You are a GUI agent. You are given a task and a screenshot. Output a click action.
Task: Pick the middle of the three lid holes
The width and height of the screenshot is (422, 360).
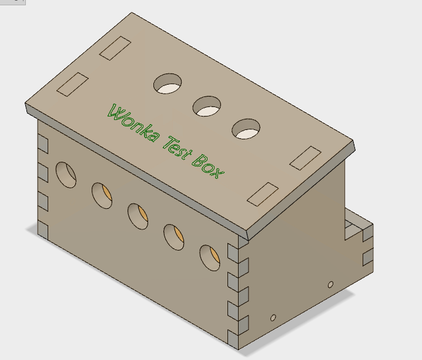pos(207,106)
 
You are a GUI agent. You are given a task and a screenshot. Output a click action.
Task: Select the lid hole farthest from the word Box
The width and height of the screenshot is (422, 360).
pos(168,84)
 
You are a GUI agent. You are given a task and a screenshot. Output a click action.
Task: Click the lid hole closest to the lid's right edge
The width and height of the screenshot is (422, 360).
pos(246,129)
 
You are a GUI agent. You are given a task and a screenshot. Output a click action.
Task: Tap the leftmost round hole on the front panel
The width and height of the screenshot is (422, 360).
pos(66,174)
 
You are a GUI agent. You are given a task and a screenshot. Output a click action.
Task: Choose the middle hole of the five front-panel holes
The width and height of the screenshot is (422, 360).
pos(138,216)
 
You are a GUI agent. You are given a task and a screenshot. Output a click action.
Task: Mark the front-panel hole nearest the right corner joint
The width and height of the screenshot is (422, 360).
pos(209,258)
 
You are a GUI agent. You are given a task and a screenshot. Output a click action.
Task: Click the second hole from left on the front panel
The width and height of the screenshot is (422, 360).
pos(102,195)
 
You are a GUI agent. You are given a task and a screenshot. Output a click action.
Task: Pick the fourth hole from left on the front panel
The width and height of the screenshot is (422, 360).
pos(173,236)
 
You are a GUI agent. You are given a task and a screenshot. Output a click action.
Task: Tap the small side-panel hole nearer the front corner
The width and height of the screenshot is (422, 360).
pos(273,318)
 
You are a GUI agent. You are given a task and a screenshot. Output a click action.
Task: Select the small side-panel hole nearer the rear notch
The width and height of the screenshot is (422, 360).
pos(330,285)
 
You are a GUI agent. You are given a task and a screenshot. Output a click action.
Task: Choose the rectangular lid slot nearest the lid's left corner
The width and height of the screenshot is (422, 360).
pos(72,85)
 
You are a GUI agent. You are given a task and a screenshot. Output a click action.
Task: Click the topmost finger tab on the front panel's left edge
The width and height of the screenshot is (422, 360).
pos(43,143)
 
